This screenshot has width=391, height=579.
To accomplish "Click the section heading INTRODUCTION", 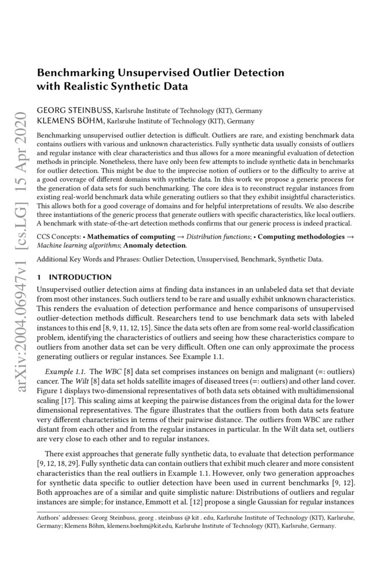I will [x=81, y=277].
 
